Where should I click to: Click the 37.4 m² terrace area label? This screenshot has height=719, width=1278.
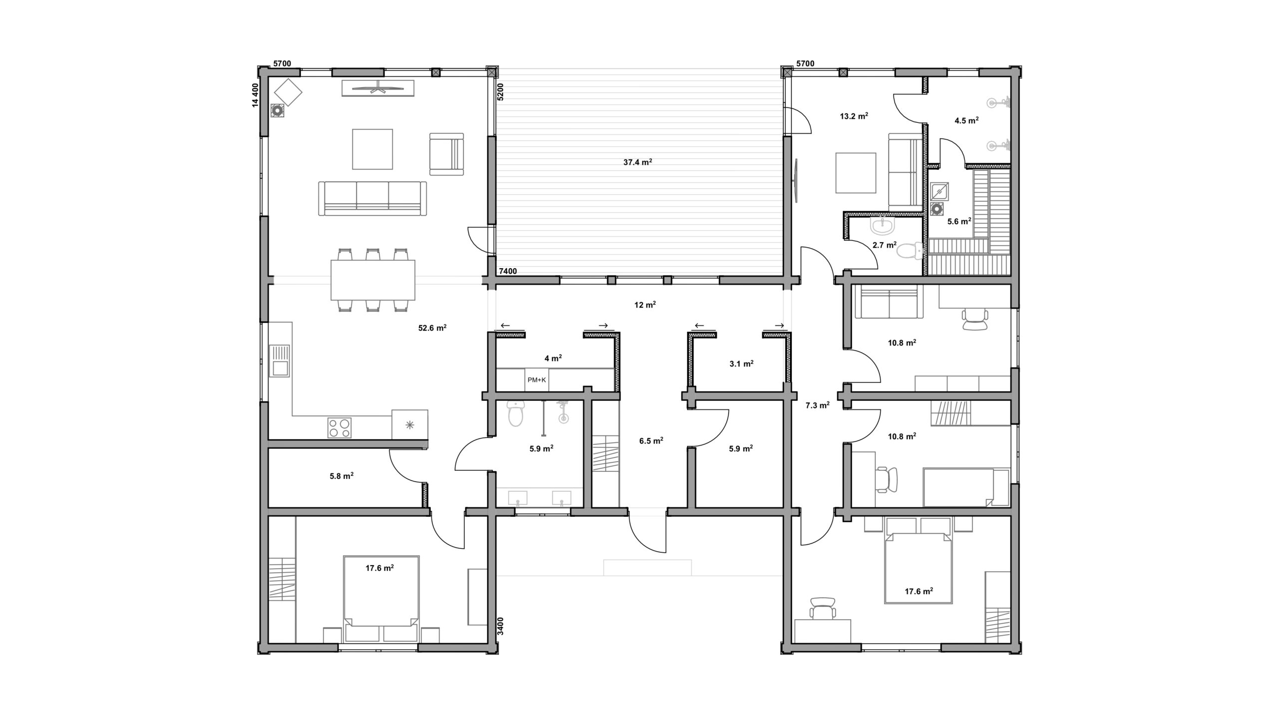pos(638,162)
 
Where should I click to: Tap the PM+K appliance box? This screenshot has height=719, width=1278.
pos(537,380)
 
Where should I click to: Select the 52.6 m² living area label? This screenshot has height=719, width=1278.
pos(432,328)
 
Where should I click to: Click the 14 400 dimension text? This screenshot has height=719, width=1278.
pos(255,95)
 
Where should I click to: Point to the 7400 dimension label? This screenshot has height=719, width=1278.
pos(508,271)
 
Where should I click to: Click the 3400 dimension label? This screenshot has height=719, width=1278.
pos(501,626)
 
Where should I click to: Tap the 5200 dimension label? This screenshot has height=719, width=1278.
pos(501,92)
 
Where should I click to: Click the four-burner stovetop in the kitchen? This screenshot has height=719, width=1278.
pos(339,428)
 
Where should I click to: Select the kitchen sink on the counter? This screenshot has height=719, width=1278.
pos(280,360)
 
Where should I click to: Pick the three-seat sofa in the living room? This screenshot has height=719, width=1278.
pos(372,198)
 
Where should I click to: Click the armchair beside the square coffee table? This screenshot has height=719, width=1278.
pos(446,154)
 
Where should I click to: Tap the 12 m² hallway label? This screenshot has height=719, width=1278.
pos(645,305)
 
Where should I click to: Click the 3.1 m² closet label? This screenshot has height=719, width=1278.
pos(741,364)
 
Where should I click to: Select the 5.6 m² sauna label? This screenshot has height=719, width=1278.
pos(959,222)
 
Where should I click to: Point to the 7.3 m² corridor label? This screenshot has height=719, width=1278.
pos(817,405)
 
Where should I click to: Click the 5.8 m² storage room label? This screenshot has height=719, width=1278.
pos(341,476)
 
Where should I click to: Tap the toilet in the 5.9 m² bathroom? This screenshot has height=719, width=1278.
pos(515,413)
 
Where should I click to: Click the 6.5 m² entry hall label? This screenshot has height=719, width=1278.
pos(651,441)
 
